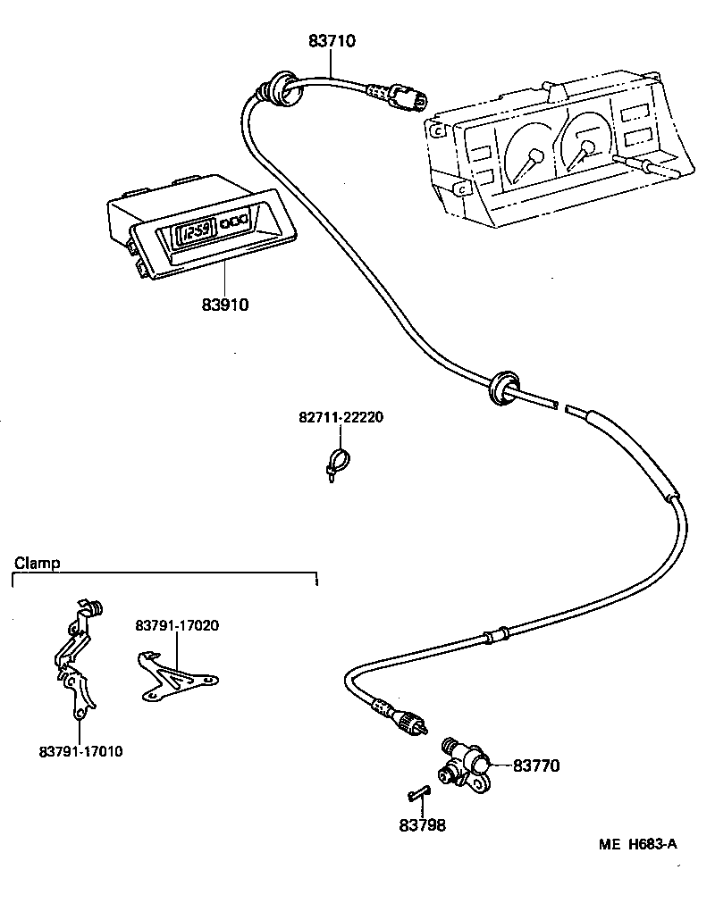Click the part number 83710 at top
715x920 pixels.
click(332, 40)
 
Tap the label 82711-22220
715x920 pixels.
click(341, 418)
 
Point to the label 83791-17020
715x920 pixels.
click(177, 625)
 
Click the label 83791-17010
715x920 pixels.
click(80, 751)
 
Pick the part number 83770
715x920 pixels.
click(535, 765)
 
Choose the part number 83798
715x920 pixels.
click(422, 826)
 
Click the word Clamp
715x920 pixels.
click(37, 563)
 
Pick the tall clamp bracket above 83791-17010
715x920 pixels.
click(79, 661)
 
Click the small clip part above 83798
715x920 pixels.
click(417, 792)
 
